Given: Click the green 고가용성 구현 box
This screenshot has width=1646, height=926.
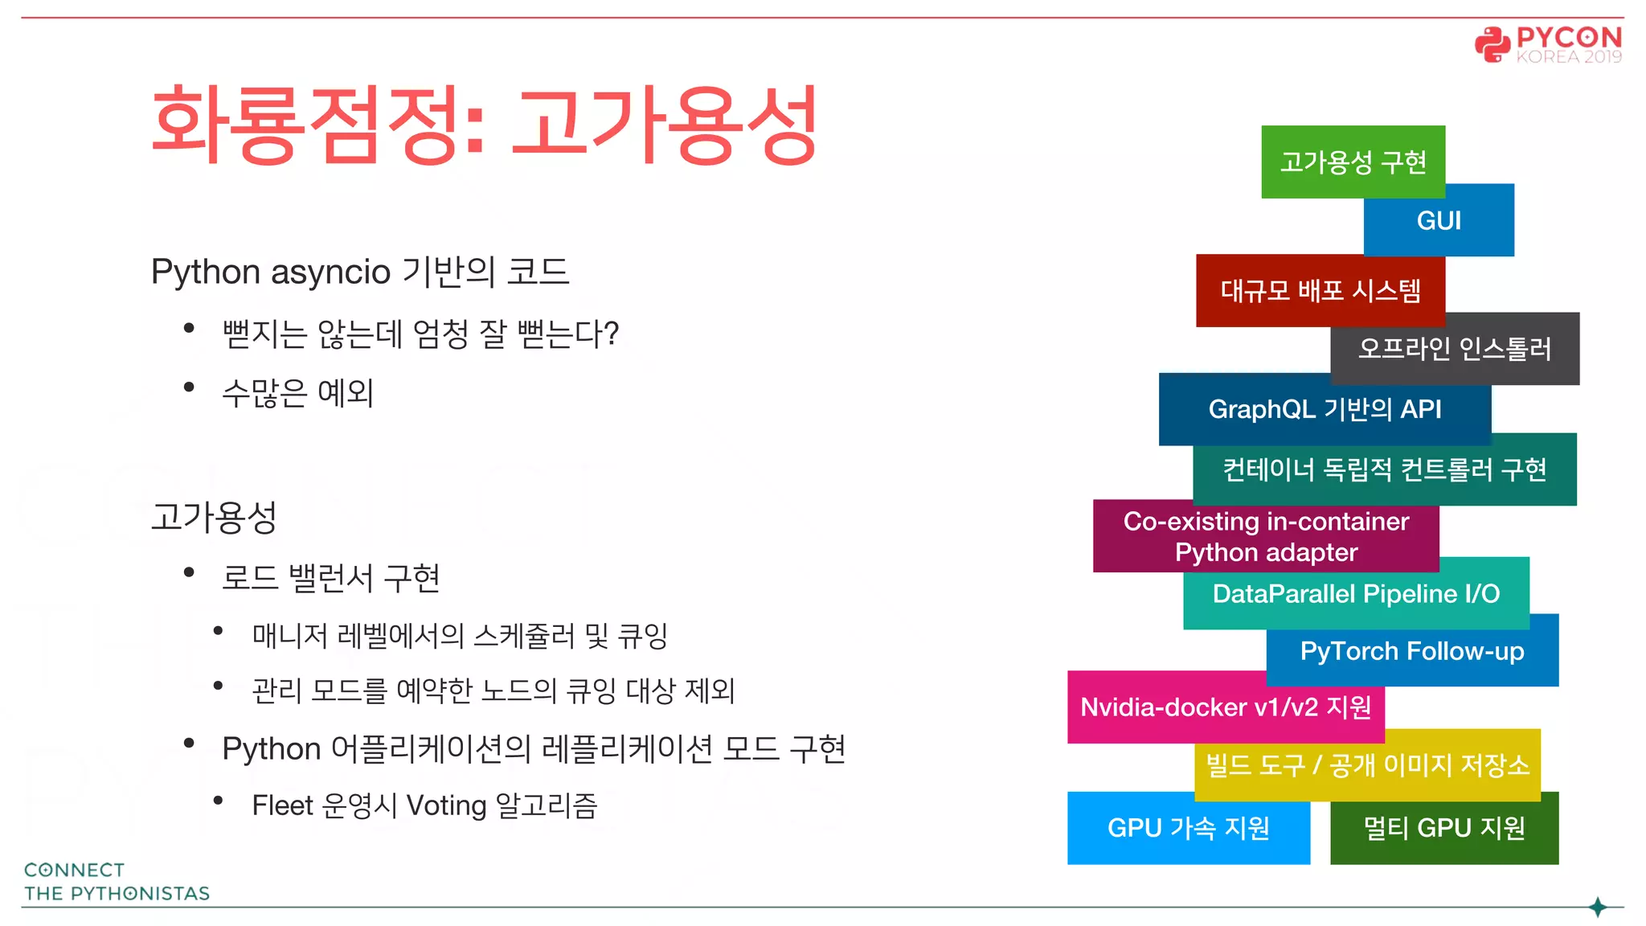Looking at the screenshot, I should click(x=1353, y=162).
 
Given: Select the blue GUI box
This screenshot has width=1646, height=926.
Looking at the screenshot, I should click(x=1439, y=220).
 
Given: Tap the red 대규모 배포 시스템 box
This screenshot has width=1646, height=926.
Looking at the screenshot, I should click(x=1320, y=290).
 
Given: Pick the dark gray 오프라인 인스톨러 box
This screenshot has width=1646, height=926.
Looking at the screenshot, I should click(x=1455, y=349).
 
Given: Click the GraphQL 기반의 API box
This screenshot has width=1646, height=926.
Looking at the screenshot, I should click(x=1325, y=409).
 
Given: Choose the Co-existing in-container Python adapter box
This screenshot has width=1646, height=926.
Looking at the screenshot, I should click(x=1266, y=536).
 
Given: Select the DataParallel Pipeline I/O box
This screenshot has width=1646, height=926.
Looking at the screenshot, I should click(x=1356, y=593).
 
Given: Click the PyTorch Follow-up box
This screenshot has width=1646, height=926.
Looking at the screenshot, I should click(x=1412, y=650).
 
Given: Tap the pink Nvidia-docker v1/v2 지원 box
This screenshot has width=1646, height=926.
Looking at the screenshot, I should click(x=1225, y=707).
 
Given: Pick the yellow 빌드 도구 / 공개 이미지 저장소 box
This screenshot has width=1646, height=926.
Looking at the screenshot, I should click(x=1367, y=764).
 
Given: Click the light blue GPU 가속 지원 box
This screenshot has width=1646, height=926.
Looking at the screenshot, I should click(x=1188, y=828).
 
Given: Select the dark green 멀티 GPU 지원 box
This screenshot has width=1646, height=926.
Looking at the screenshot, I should click(x=1444, y=828).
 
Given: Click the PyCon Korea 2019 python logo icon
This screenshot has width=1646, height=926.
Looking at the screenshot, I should click(x=1492, y=44).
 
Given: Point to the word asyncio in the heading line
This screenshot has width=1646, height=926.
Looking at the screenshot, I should click(x=330, y=272).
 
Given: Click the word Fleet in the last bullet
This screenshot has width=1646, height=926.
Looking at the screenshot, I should click(x=282, y=805).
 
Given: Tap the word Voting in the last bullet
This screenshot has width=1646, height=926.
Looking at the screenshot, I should click(x=446, y=805).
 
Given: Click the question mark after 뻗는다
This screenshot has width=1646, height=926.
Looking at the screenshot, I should click(x=611, y=334).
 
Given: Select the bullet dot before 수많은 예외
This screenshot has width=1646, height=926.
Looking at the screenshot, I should click(x=189, y=387).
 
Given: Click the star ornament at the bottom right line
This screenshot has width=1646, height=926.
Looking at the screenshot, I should click(x=1598, y=908).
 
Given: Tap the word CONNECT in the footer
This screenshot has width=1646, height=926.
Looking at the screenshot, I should click(x=74, y=870).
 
